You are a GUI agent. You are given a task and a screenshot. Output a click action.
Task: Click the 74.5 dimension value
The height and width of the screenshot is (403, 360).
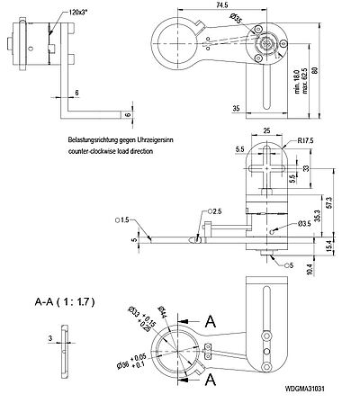click(x=220, y=5)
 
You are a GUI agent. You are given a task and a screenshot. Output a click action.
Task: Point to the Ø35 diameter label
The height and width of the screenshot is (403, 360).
click(x=235, y=18)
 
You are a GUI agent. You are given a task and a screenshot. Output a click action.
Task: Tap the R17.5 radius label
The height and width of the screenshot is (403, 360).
click(x=303, y=140)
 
